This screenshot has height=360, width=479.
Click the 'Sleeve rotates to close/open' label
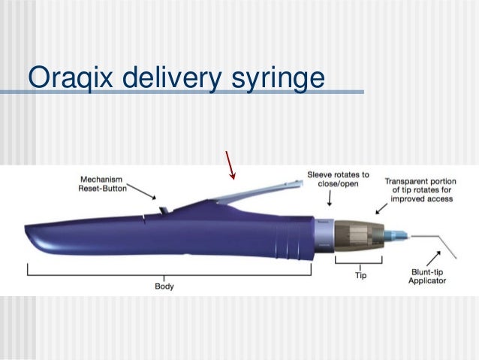pyautogui.click(x=338, y=180)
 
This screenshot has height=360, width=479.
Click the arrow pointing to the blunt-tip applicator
pyautogui.click(x=426, y=256)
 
